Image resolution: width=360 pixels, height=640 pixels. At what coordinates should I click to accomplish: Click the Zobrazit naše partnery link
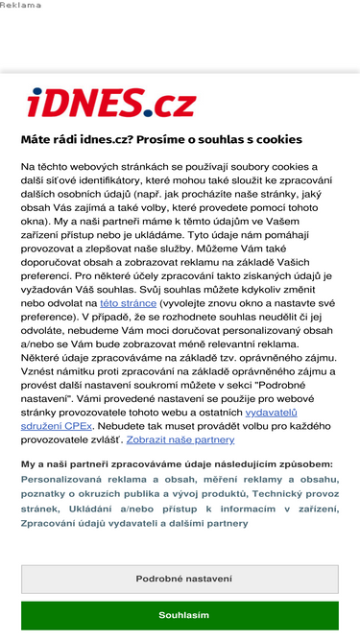coord(180,439)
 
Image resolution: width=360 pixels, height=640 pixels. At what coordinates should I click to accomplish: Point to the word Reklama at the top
coord(21,5)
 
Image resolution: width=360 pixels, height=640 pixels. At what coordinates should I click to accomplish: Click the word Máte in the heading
coord(36,139)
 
